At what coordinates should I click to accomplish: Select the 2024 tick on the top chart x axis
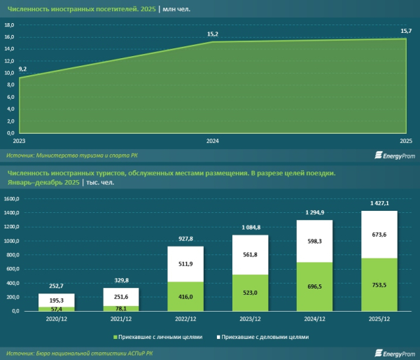[x=213, y=140]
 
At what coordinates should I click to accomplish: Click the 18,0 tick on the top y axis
[x=10, y=25]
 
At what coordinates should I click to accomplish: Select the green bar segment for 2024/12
[x=314, y=286]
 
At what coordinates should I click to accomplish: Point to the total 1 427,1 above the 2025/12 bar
[x=379, y=203]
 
